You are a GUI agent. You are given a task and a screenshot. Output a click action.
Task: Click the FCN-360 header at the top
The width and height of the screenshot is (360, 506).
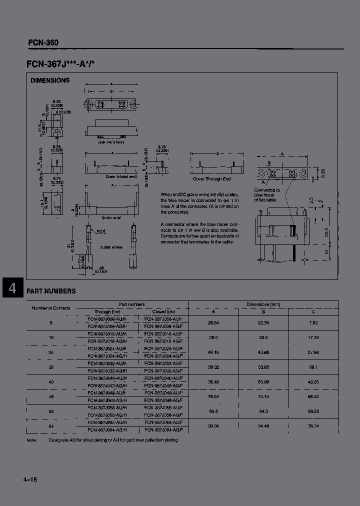tap(43, 42)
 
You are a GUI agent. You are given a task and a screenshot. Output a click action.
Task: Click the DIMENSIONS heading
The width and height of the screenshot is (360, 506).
tap(50, 80)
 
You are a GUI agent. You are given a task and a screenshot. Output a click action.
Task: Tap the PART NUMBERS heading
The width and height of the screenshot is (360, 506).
tap(51, 291)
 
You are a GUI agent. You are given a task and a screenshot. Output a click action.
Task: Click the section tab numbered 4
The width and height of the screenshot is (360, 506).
tap(12, 289)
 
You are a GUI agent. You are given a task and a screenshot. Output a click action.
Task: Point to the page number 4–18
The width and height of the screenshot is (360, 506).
tap(30, 480)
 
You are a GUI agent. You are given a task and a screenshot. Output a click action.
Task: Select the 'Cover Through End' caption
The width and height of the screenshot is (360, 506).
tap(211, 178)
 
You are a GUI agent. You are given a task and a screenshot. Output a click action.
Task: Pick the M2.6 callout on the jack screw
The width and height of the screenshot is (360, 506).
tap(100, 230)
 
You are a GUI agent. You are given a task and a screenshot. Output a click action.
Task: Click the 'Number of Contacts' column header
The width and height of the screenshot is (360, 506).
tap(51, 308)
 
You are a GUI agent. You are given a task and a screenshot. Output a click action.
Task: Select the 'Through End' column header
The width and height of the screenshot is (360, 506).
tap(107, 311)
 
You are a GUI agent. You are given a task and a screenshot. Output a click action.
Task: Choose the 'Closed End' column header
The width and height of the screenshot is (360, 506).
tap(163, 311)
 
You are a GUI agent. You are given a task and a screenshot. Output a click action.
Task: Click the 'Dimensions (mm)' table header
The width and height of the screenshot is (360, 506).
tap(263, 304)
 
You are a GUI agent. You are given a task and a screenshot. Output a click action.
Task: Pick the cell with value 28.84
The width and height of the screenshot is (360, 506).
tap(213, 323)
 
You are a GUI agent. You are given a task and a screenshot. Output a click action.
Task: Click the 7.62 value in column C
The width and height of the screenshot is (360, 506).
tap(313, 323)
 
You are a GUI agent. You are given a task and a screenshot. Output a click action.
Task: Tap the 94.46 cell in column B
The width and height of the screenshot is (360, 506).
tap(263, 427)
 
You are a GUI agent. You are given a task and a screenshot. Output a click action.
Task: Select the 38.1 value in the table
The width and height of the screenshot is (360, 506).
tap(313, 367)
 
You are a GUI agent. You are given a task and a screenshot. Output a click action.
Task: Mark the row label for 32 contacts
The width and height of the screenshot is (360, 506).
tap(51, 367)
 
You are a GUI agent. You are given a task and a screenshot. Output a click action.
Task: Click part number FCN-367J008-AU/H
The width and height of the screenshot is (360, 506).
tap(107, 318)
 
